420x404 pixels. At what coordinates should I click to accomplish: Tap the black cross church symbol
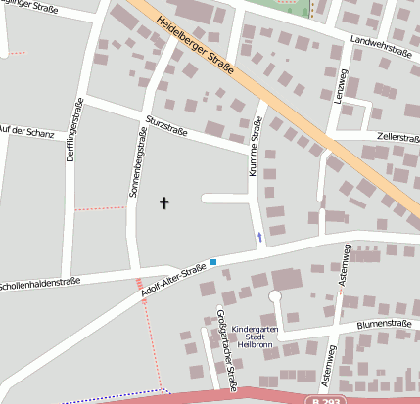point(164,202)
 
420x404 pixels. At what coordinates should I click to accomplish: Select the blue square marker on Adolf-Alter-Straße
point(212,261)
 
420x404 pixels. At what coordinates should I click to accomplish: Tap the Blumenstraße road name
point(383,324)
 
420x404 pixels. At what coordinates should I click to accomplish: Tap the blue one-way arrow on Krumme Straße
point(259,236)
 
